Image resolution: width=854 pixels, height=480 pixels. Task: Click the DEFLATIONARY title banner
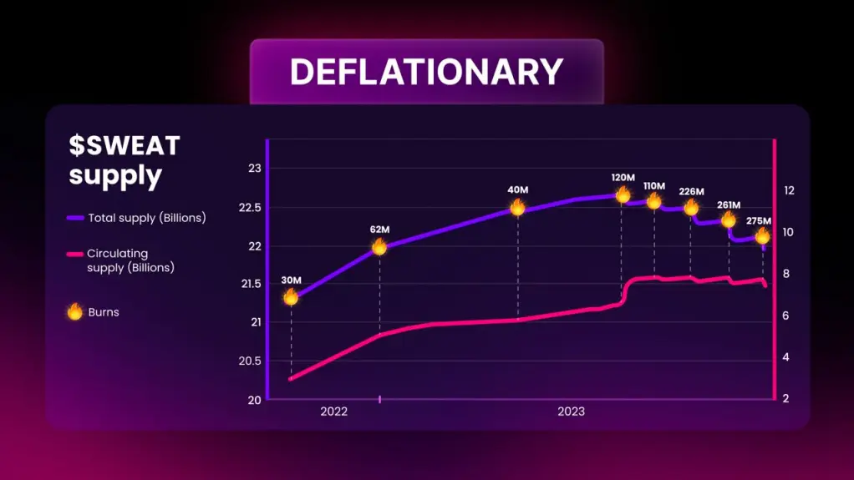tap(426, 71)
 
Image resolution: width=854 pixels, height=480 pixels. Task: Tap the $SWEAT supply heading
tap(125, 160)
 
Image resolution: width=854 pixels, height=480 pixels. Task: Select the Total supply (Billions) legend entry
tap(136, 218)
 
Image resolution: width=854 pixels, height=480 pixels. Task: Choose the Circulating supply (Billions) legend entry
tap(120, 260)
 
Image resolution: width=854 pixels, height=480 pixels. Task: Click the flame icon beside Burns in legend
tap(74, 312)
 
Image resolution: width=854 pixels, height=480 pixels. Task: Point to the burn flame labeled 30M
tap(291, 296)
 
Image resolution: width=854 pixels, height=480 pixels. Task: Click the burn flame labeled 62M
tap(379, 247)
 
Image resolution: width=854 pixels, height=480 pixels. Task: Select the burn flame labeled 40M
tap(517, 207)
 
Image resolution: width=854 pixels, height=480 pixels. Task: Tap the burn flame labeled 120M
tap(623, 195)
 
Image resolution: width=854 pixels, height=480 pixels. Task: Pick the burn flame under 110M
tap(653, 202)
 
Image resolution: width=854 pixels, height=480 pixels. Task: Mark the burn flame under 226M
tap(690, 207)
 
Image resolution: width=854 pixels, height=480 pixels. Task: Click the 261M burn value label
tap(729, 205)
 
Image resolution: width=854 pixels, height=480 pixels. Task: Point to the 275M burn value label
tap(759, 221)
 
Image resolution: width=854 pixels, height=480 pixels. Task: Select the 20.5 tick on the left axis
tap(250, 361)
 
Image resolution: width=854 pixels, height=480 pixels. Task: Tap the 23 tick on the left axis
tap(255, 168)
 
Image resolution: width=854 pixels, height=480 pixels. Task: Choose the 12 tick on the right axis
tap(789, 190)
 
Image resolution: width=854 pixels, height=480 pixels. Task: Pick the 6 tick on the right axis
tap(785, 316)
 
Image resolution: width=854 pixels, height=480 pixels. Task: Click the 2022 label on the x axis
tap(334, 412)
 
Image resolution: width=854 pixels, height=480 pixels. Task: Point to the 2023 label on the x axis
tap(571, 412)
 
